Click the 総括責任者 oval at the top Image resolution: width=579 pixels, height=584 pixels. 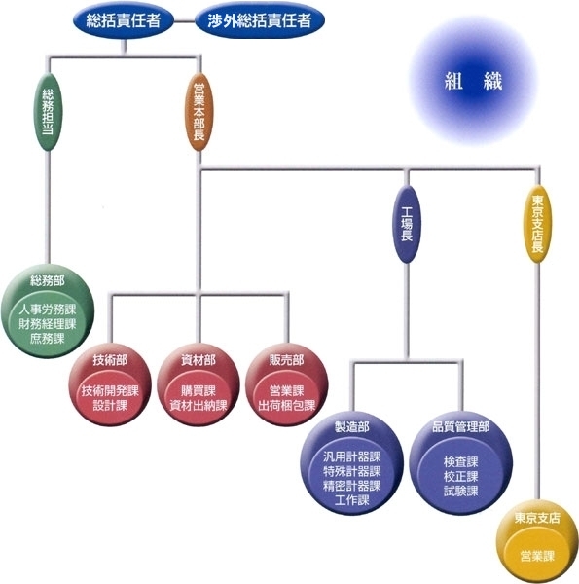pyautogui.click(x=124, y=20)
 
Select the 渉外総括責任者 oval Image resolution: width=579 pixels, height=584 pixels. pyautogui.click(x=260, y=20)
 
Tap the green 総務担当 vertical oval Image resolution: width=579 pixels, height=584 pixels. pyautogui.click(x=48, y=112)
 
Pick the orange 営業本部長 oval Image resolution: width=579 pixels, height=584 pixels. pyautogui.click(x=199, y=112)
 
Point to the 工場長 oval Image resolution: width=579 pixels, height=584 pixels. pyautogui.click(x=407, y=225)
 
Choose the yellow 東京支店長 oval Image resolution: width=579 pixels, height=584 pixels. pyautogui.click(x=537, y=225)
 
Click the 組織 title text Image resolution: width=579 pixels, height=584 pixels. pyautogui.click(x=474, y=81)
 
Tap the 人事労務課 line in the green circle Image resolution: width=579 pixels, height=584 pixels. pyautogui.click(x=48, y=310)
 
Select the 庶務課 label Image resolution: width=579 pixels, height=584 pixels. pyautogui.click(x=48, y=338)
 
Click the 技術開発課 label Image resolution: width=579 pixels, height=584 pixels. pyautogui.click(x=110, y=390)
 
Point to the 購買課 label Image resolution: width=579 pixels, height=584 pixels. pyautogui.click(x=199, y=390)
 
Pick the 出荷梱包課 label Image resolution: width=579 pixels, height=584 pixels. pyautogui.click(x=287, y=405)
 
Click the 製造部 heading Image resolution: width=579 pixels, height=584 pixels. pyautogui.click(x=352, y=427)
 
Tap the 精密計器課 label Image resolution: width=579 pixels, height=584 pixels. pyautogui.click(x=352, y=486)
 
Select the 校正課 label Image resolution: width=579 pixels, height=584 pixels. pyautogui.click(x=461, y=477)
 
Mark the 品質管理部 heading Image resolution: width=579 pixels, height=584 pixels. pyautogui.click(x=461, y=427)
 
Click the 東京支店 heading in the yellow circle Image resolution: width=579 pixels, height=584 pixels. pyautogui.click(x=537, y=518)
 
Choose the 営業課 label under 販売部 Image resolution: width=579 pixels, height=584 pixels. pyautogui.click(x=287, y=390)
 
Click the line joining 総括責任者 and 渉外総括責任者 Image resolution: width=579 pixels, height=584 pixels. pyautogui.click(x=185, y=20)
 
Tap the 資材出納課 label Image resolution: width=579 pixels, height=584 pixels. pyautogui.click(x=199, y=405)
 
